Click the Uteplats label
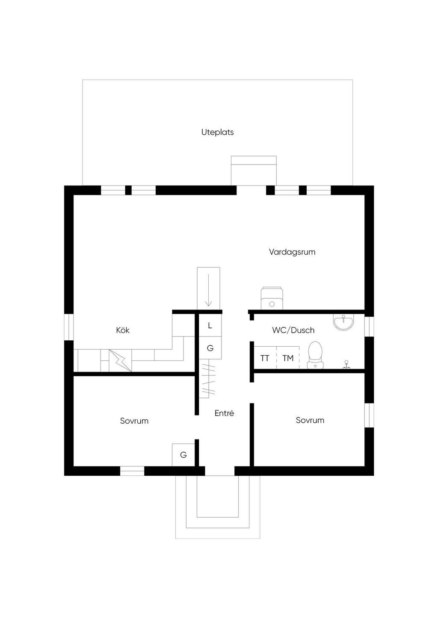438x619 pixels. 217,133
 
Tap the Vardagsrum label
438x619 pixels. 292,252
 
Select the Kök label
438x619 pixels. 123,330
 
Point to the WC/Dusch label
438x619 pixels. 293,330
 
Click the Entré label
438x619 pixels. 224,413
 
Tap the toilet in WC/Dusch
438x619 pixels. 315,355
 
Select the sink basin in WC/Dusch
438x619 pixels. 343,323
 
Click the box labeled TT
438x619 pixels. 265,357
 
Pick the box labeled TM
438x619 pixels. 288,357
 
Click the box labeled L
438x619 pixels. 210,325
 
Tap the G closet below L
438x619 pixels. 210,348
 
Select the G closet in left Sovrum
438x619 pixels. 183,454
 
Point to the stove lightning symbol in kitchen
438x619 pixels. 120,361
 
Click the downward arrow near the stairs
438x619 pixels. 208,290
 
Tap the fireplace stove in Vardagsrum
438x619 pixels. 272,298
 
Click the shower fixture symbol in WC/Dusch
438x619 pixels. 346,365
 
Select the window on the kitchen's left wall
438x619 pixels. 69,327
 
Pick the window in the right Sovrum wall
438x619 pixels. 369,416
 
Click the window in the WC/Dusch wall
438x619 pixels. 369,327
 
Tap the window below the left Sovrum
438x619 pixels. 132,471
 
